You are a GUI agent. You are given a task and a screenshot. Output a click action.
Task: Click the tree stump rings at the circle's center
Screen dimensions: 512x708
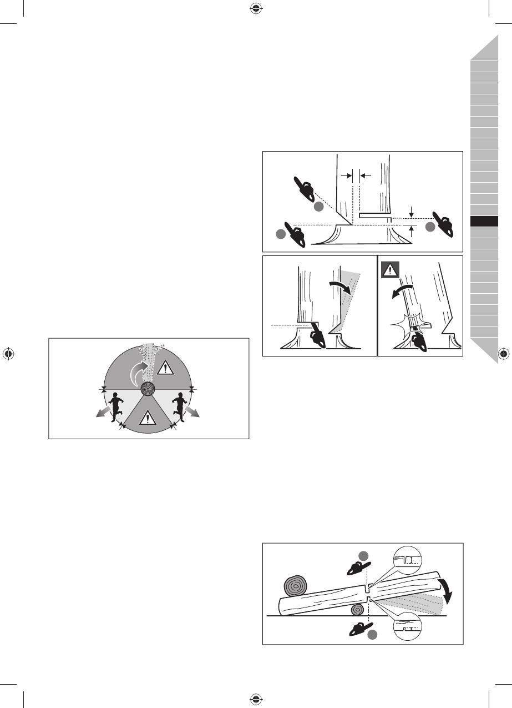tap(148, 389)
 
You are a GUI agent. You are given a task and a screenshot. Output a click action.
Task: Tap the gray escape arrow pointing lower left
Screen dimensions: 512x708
tap(100, 412)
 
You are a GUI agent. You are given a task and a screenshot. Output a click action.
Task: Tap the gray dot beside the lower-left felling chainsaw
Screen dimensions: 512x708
tap(281, 235)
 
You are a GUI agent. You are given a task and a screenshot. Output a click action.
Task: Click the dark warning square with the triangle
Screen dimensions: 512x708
tap(390, 270)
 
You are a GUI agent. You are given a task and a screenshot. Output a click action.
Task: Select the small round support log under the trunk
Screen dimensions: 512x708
tap(358, 610)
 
